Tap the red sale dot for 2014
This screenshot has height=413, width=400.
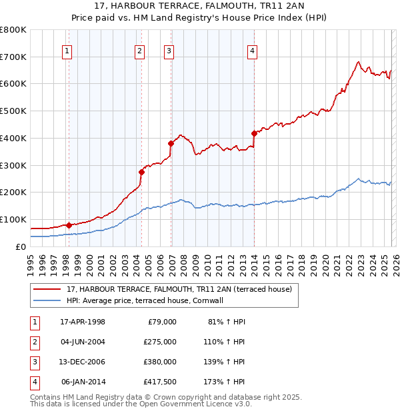point(254,133)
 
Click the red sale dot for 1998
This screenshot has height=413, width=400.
point(69,225)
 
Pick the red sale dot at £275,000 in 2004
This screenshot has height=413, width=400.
point(141,172)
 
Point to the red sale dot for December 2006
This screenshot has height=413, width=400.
point(171,143)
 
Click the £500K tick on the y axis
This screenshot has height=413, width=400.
point(13,111)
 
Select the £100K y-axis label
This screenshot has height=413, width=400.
point(13,219)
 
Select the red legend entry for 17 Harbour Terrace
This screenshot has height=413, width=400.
point(179,289)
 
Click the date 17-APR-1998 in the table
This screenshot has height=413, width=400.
point(83,322)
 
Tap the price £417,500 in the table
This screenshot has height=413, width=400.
point(160,382)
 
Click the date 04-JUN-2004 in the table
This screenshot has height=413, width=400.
point(83,342)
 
